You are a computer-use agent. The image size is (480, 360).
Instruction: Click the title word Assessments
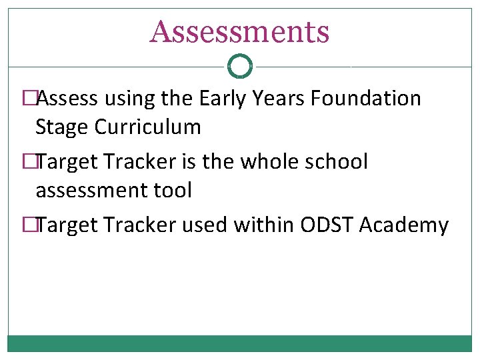[239, 31]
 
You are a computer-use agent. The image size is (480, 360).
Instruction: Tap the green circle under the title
[240, 67]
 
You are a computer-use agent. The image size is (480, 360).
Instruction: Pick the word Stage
[61, 127]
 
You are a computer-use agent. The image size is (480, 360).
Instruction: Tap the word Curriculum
[147, 127]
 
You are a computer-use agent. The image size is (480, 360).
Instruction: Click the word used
[205, 225]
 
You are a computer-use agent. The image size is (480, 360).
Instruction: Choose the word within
[264, 225]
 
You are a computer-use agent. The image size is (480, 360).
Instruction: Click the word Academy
[403, 225]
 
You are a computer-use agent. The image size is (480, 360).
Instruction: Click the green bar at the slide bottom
[240, 343]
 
